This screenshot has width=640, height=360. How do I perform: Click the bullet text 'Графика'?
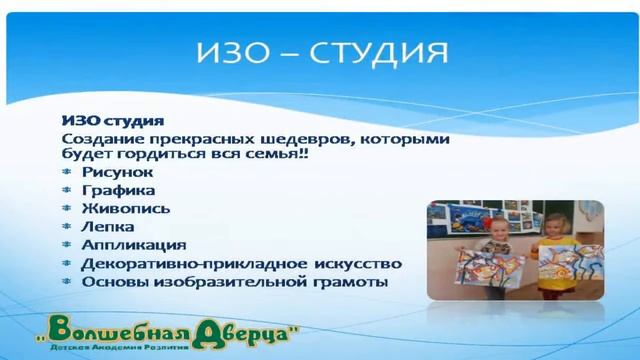(x=118, y=190)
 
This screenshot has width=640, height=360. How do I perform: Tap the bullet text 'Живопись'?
(x=125, y=208)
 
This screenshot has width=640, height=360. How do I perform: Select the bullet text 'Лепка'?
(x=107, y=226)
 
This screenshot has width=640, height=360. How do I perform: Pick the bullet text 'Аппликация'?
(x=133, y=244)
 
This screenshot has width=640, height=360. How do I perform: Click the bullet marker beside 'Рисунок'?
(x=67, y=172)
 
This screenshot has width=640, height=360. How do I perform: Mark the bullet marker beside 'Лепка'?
(x=67, y=226)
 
